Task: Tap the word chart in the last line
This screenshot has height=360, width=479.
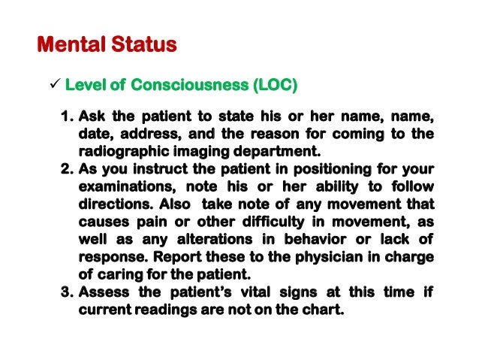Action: pos(325,307)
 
